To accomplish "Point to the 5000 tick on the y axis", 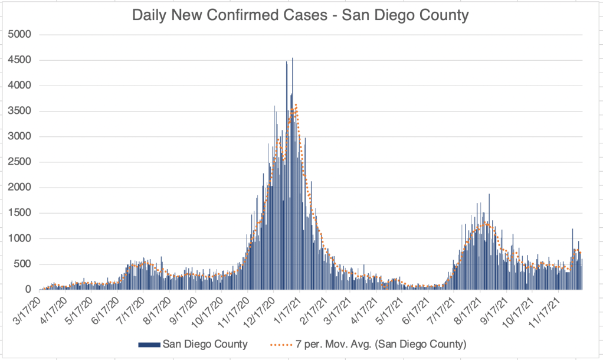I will [x=20, y=35].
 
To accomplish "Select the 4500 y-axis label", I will [x=20, y=60].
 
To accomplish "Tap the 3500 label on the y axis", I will [x=20, y=111].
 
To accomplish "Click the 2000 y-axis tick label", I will [x=20, y=188].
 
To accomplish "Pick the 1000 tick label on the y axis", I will [x=20, y=238].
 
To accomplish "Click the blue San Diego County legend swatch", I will [x=149, y=343].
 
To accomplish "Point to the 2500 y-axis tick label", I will [x=20, y=162].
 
